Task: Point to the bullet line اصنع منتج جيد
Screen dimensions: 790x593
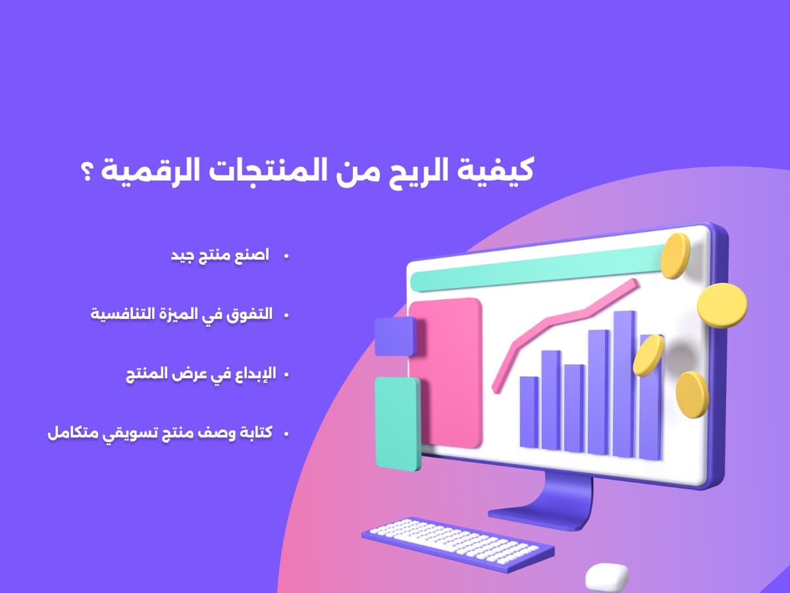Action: pos(220,256)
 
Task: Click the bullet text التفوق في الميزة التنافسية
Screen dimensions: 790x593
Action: pos(182,314)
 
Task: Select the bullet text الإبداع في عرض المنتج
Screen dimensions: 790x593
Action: pos(201,374)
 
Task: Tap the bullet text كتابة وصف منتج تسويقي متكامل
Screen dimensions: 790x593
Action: pos(160,433)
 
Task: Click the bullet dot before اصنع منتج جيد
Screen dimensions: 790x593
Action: pos(286,256)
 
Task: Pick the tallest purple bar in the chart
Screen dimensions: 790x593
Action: pos(625,384)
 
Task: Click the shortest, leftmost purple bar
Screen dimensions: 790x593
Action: pos(529,412)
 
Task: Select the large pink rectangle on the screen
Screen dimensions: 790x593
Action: pos(446,373)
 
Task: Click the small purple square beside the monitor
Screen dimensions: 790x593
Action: pos(396,337)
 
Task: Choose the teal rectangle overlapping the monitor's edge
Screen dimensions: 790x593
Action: pos(398,424)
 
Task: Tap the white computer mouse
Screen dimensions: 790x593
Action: pos(607,577)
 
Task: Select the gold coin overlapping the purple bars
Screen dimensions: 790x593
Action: pos(649,355)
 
